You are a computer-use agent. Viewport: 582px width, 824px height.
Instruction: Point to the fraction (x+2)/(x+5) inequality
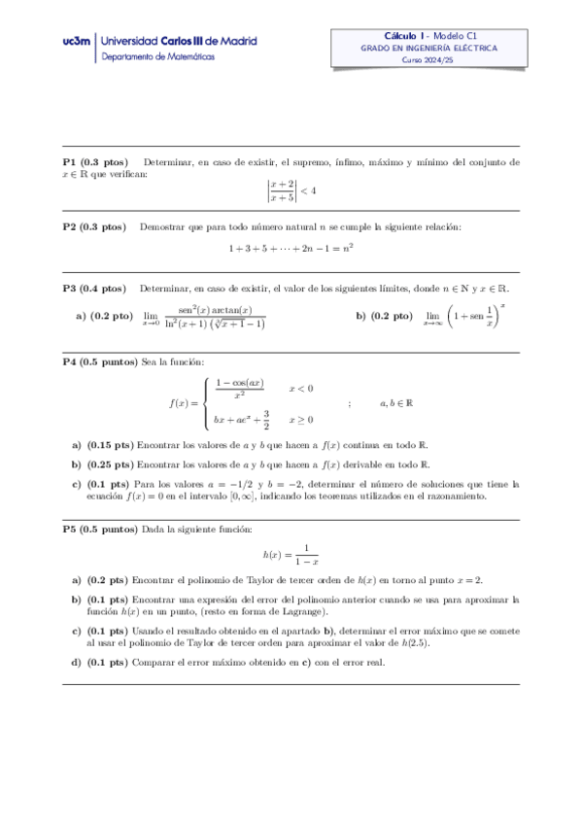(x=291, y=189)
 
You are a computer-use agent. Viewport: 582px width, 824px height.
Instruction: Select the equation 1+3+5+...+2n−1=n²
(x=291, y=249)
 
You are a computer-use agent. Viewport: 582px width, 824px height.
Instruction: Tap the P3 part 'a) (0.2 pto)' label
(x=104, y=317)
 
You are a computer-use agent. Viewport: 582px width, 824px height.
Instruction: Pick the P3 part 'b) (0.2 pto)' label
(x=385, y=317)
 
